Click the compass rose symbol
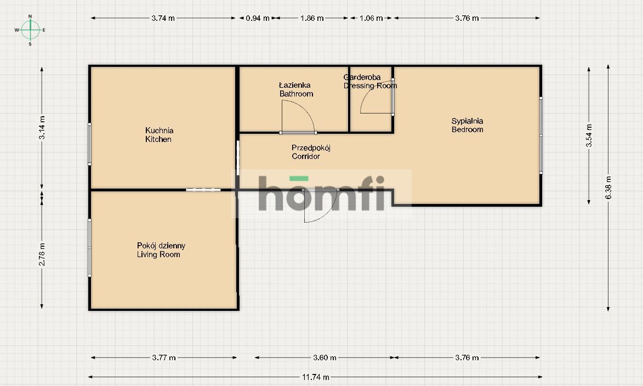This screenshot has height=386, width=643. coord(30,30)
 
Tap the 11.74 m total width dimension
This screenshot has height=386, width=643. coord(316,377)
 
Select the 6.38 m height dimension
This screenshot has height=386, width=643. coord(608,188)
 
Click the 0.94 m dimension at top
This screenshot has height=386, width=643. coord(258,18)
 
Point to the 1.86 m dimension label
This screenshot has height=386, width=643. coord(312,18)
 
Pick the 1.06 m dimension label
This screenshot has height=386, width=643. coord(371,18)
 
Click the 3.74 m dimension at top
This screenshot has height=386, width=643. coord(163,18)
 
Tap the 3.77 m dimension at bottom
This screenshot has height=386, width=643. coord(164,357)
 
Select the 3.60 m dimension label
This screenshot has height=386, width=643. coord(325,357)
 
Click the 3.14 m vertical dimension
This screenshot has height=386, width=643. coord(42,128)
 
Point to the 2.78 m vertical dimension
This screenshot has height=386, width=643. coord(42,254)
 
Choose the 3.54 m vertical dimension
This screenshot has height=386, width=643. coord(589,135)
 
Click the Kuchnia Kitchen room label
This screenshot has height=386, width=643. coord(159,134)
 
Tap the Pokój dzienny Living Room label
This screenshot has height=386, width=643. coord(161,250)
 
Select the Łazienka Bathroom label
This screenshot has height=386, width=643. coord(296,89)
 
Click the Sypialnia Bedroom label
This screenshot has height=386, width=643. coord(467,125)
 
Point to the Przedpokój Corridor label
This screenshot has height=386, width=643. coord(311,152)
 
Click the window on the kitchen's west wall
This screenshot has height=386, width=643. coord(89,144)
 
